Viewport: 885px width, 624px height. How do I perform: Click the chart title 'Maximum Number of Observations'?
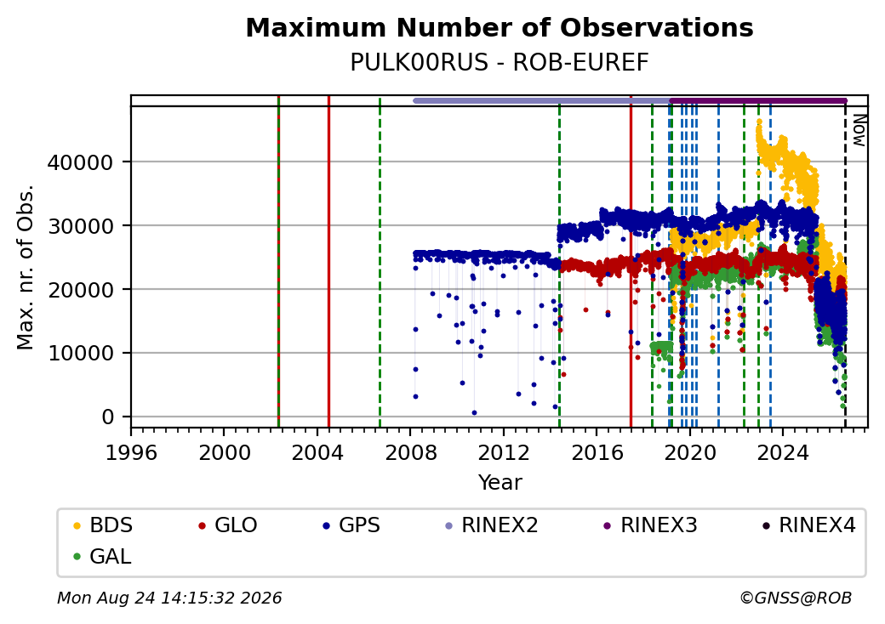500,27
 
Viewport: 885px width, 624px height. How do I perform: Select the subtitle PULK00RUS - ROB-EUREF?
500,63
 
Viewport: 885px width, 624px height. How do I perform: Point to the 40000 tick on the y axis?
80,162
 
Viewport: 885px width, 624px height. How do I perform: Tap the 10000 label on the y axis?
80,354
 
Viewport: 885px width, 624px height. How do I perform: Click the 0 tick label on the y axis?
108,417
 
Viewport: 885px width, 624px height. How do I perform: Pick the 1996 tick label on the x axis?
131,452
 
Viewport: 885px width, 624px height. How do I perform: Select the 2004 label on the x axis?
317,452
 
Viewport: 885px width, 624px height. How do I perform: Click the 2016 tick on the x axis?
597,452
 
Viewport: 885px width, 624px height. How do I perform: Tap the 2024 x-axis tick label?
783,452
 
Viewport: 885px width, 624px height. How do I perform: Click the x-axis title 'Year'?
500,483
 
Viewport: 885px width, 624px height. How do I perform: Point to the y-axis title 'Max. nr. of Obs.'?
26,267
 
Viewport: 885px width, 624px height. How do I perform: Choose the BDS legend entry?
103,525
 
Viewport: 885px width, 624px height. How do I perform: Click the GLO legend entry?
227,525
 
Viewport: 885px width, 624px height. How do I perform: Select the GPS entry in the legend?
351,525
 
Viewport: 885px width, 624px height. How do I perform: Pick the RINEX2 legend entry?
491,525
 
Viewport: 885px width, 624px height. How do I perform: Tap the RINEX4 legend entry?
808,525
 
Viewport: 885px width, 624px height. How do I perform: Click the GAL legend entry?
102,556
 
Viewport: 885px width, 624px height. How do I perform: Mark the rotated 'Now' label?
859,130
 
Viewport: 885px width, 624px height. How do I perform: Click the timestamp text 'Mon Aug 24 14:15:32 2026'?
169,598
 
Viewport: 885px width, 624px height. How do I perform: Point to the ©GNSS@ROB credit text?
796,598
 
